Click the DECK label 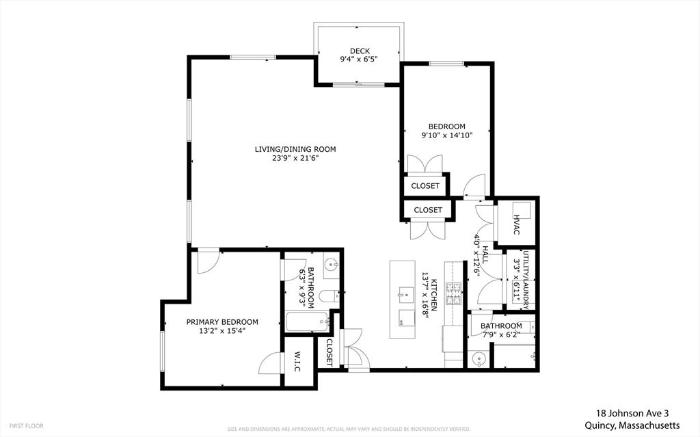pyautogui.click(x=360, y=51)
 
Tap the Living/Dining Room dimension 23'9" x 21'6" pyautogui.click(x=295, y=158)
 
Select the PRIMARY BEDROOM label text pyautogui.click(x=222, y=321)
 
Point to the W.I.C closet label pyautogui.click(x=298, y=362)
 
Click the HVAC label pyautogui.click(x=517, y=225)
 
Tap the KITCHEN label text pyautogui.click(x=433, y=295)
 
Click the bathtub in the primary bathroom pyautogui.click(x=308, y=321)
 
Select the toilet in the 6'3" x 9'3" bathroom pyautogui.click(x=331, y=296)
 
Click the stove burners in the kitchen pyautogui.click(x=453, y=293)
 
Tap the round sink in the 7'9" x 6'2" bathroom pyautogui.click(x=479, y=359)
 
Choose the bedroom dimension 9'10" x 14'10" pyautogui.click(x=447, y=135)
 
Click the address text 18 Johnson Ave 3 pyautogui.click(x=632, y=414)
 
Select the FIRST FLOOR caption pyautogui.click(x=27, y=426)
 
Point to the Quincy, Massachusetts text pyautogui.click(x=632, y=425)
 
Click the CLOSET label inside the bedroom pyautogui.click(x=425, y=186)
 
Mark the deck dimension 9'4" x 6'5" pyautogui.click(x=360, y=59)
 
